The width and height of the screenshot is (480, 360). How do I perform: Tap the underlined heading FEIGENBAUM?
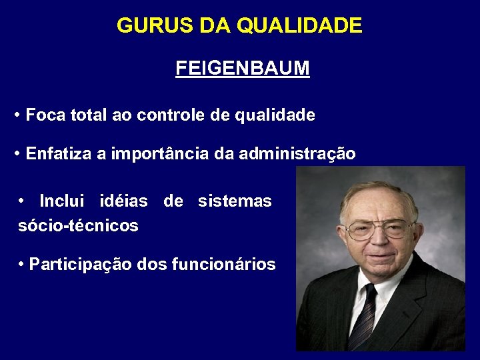coord(242,69)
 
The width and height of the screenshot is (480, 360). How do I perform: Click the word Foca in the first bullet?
coord(45,115)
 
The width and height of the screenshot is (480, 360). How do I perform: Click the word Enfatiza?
coord(58,154)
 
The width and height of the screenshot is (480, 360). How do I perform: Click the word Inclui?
coord(61,201)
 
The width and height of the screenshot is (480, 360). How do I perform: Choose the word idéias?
coord(123,201)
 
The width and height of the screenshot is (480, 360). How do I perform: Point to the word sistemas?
coord(235,201)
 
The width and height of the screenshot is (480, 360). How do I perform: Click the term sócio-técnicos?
coord(78,226)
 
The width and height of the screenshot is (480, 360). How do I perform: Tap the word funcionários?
coord(223,265)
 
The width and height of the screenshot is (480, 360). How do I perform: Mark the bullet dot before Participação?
coord(22,265)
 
